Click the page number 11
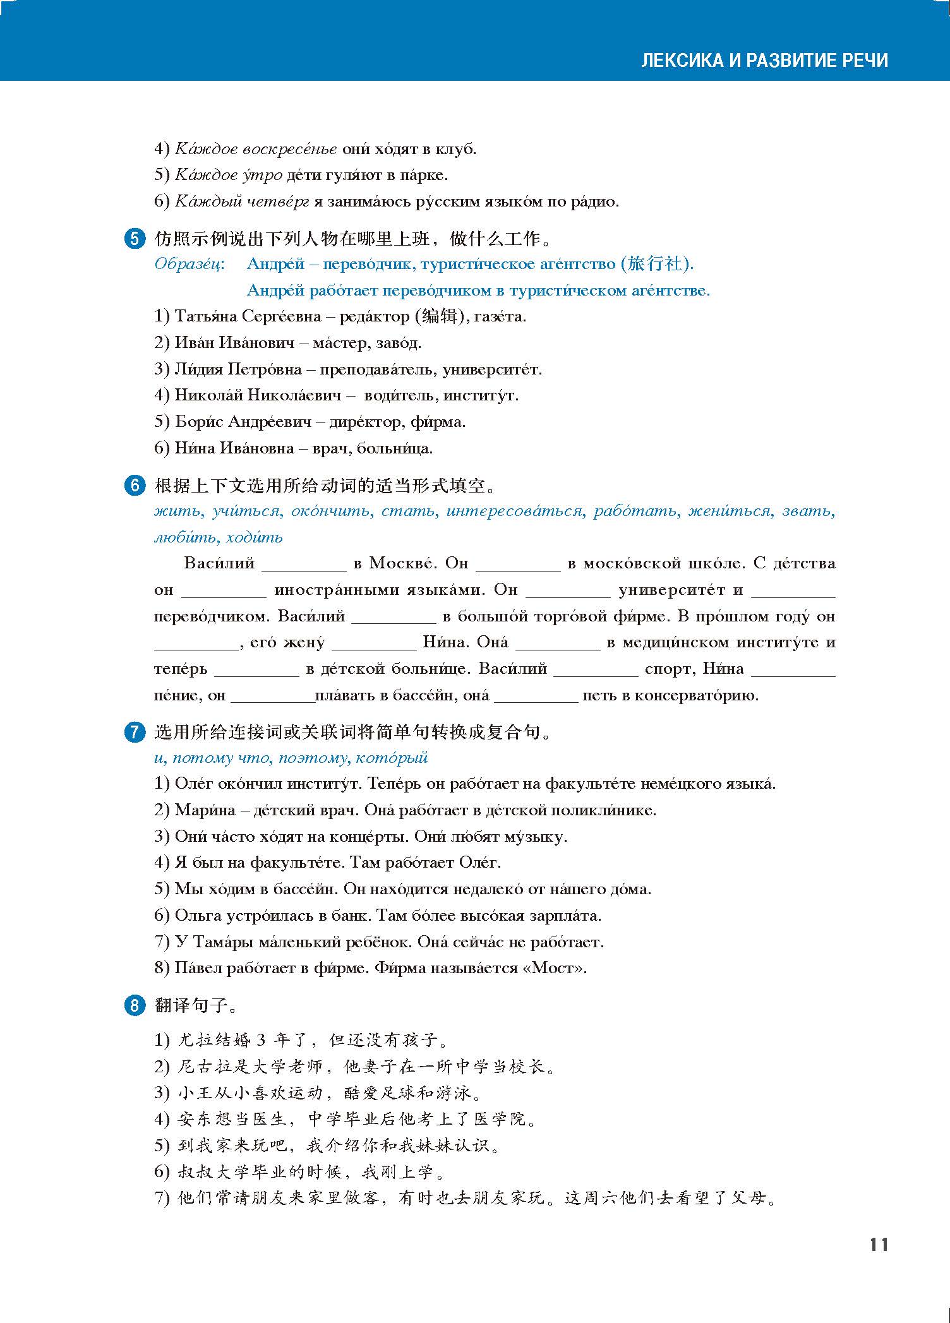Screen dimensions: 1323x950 point(879,1245)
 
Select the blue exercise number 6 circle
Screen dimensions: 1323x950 point(135,486)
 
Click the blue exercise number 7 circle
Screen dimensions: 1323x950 point(135,733)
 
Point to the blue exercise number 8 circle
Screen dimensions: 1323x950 point(135,1005)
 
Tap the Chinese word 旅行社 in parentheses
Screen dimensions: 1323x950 point(655,264)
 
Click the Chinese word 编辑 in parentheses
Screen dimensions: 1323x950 point(438,316)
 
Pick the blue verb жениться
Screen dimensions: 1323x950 point(730,511)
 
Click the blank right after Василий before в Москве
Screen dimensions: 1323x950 point(304,563)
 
